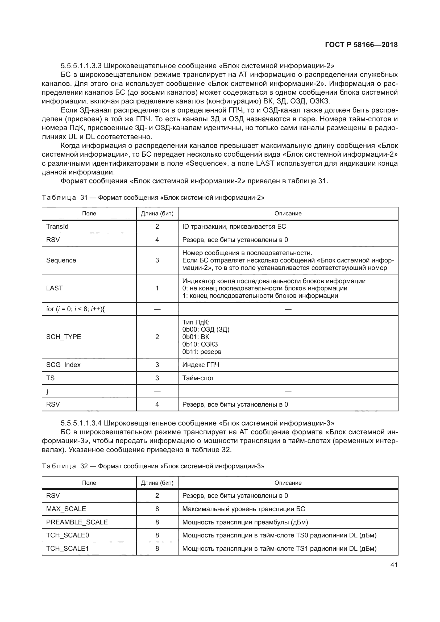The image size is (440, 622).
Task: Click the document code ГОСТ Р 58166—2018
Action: point(361,45)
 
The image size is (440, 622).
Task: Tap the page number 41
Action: point(394,565)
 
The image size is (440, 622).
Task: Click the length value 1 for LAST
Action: point(157,288)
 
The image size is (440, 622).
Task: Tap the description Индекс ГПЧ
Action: point(201,365)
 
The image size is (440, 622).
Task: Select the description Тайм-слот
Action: point(198,378)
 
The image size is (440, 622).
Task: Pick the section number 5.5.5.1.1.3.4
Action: point(81,423)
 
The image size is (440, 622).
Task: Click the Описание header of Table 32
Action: point(288,483)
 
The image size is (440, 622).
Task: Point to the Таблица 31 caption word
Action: point(59,198)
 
